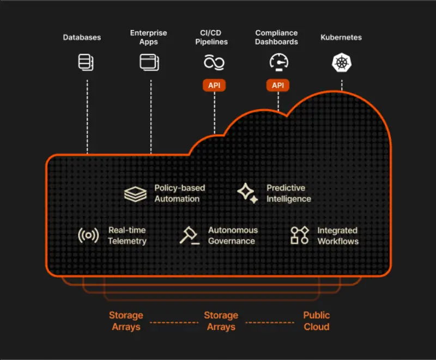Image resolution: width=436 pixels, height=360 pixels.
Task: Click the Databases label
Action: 82,38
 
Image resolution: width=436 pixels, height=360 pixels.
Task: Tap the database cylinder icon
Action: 85,62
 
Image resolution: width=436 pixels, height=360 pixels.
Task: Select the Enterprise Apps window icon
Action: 149,62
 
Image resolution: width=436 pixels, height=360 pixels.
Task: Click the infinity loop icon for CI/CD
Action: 214,62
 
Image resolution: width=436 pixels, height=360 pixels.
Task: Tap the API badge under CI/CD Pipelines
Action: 214,86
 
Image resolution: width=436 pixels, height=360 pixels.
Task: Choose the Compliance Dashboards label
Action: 276,38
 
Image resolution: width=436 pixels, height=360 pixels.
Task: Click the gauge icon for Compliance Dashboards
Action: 278,62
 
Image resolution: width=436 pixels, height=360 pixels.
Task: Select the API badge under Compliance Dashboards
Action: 278,86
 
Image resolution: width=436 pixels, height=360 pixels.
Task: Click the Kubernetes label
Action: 341,38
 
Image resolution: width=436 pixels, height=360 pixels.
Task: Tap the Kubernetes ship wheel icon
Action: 341,62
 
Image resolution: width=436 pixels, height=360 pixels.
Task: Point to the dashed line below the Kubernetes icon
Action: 342,85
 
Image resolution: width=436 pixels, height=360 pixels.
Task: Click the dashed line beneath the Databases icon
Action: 87,115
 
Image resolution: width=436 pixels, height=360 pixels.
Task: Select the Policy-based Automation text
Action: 179,193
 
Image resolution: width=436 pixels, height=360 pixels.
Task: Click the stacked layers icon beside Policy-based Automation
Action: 135,194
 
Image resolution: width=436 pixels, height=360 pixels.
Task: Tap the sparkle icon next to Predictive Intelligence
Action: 247,193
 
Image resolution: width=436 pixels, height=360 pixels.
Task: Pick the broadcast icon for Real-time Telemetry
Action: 88,236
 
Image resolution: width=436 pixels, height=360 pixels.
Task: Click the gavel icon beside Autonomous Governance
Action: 189,235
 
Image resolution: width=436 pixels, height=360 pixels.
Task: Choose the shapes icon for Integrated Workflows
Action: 299,236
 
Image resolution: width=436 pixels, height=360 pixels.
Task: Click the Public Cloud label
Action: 316,321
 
